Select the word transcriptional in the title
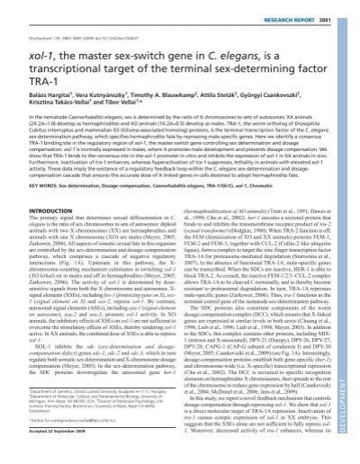[60, 62]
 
